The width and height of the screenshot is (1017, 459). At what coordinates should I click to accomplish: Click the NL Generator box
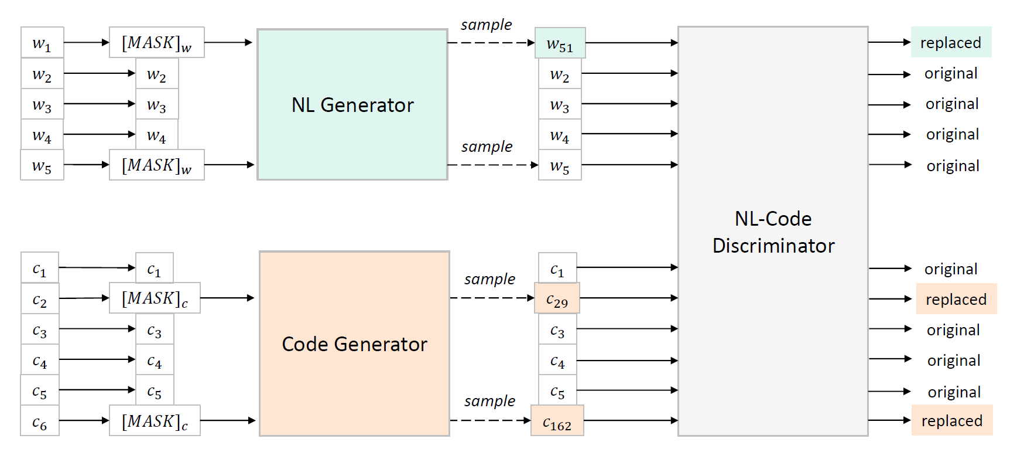(352, 104)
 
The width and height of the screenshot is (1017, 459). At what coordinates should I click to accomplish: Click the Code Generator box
(354, 344)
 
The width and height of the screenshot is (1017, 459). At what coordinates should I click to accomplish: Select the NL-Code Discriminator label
(773, 232)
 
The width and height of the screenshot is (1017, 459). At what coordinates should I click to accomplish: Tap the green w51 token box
(560, 43)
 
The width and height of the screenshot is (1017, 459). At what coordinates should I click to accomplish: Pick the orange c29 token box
(557, 298)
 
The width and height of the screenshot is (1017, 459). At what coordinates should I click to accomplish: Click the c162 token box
(557, 421)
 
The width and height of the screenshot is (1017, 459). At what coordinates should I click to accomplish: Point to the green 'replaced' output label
(950, 42)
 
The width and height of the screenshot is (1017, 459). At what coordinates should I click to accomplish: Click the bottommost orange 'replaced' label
(951, 420)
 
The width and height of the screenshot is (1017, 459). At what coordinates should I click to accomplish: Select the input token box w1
(42, 42)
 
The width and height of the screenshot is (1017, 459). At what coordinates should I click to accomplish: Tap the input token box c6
(40, 421)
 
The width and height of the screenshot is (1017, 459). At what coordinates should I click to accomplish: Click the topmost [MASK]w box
(156, 42)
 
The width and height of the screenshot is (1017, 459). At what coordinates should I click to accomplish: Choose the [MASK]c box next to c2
(155, 298)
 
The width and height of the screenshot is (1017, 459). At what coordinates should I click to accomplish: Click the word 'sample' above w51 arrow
(486, 25)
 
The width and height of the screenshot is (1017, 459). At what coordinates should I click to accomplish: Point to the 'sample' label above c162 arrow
(489, 401)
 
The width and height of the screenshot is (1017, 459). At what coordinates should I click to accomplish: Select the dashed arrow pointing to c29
(492, 298)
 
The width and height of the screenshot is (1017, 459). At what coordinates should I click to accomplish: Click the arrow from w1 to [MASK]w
(86, 42)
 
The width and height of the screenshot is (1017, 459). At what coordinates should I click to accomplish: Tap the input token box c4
(40, 359)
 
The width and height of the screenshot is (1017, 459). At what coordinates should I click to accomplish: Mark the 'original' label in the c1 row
(951, 268)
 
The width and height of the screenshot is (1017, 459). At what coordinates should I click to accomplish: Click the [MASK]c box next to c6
(155, 421)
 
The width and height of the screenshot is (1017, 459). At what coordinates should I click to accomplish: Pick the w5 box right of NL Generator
(560, 165)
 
